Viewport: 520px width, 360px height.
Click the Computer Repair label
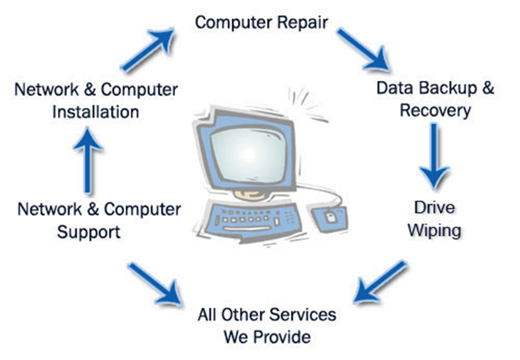(262, 22)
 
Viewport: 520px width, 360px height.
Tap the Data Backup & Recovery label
(435, 99)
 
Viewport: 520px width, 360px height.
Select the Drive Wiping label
(434, 218)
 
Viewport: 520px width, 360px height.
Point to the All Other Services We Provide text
(267, 325)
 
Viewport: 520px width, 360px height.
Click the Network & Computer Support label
(99, 220)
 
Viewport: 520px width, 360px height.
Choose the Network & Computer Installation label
(96, 100)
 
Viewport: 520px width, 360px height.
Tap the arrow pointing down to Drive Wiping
(434, 156)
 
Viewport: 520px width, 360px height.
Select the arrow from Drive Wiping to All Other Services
(380, 281)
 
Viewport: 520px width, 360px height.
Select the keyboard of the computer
(255, 218)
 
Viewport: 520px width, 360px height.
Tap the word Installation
(96, 112)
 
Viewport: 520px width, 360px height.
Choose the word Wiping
(434, 230)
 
